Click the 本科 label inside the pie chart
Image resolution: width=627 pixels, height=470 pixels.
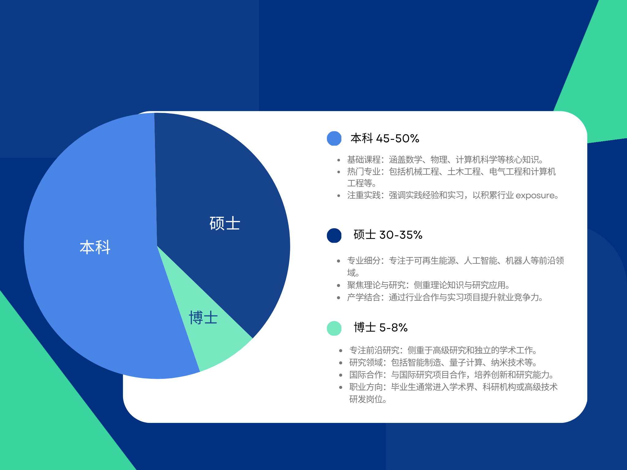click(x=95, y=247)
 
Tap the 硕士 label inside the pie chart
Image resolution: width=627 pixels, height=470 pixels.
click(x=225, y=223)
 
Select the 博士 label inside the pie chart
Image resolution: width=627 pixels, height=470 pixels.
click(x=203, y=318)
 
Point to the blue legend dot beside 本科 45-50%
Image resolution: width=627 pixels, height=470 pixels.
click(x=334, y=138)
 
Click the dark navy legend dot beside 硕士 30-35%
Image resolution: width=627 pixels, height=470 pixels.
click(x=334, y=235)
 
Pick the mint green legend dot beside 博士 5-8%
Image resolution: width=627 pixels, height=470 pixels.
click(x=334, y=328)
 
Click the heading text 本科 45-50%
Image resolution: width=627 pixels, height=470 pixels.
click(x=385, y=138)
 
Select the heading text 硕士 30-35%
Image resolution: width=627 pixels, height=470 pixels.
click(x=388, y=235)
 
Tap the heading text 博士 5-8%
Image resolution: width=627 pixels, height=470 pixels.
click(x=381, y=327)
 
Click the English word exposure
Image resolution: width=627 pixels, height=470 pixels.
click(x=535, y=196)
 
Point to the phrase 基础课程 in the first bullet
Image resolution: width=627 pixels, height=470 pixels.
click(x=364, y=159)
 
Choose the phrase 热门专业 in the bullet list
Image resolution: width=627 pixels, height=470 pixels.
click(x=364, y=172)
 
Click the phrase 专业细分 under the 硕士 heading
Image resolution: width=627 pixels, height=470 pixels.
click(x=364, y=261)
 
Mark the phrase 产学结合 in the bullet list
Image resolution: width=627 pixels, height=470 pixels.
click(x=364, y=297)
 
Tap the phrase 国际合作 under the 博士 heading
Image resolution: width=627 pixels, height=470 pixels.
click(x=366, y=375)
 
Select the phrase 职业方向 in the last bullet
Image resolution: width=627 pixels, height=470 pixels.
click(x=366, y=387)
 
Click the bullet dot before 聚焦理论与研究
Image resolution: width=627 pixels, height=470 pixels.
click(x=339, y=285)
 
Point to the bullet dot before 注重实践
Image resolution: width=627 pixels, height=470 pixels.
click(x=339, y=196)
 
